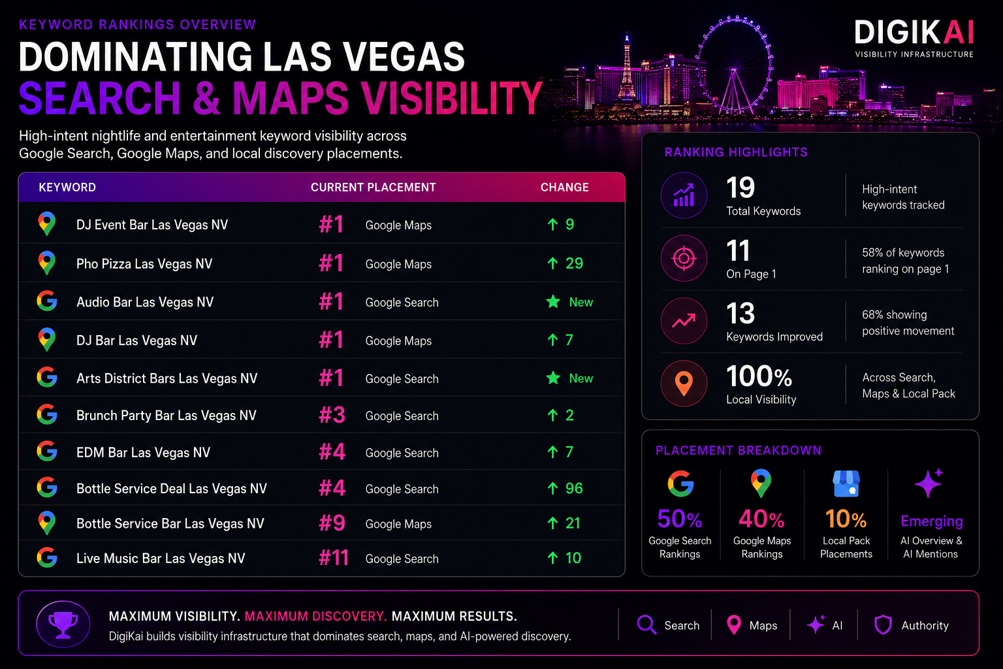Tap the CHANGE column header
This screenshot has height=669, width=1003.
(x=564, y=188)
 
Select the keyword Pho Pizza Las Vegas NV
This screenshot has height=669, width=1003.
(x=144, y=263)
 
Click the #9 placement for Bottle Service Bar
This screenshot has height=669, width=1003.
(x=332, y=523)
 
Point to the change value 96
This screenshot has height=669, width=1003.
(x=574, y=488)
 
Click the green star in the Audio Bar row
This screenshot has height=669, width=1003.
(x=554, y=302)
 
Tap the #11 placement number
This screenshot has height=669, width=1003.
(x=334, y=558)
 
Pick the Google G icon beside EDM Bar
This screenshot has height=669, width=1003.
(x=47, y=451)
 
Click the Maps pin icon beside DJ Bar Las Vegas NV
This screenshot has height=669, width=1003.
(x=46, y=339)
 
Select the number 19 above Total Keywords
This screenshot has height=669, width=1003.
(x=740, y=188)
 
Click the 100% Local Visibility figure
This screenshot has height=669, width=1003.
(x=759, y=376)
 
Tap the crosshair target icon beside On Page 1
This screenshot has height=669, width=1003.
(x=684, y=258)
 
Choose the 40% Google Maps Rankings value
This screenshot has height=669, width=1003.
(x=761, y=519)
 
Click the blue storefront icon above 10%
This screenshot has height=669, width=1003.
(x=846, y=483)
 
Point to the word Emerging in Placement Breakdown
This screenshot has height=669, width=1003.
(x=932, y=521)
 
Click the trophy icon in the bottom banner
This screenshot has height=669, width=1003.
(x=63, y=624)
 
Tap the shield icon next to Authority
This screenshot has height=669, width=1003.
(x=883, y=625)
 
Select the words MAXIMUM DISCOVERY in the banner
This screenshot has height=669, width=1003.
(x=315, y=616)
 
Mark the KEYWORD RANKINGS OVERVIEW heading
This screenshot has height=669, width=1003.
(x=138, y=25)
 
